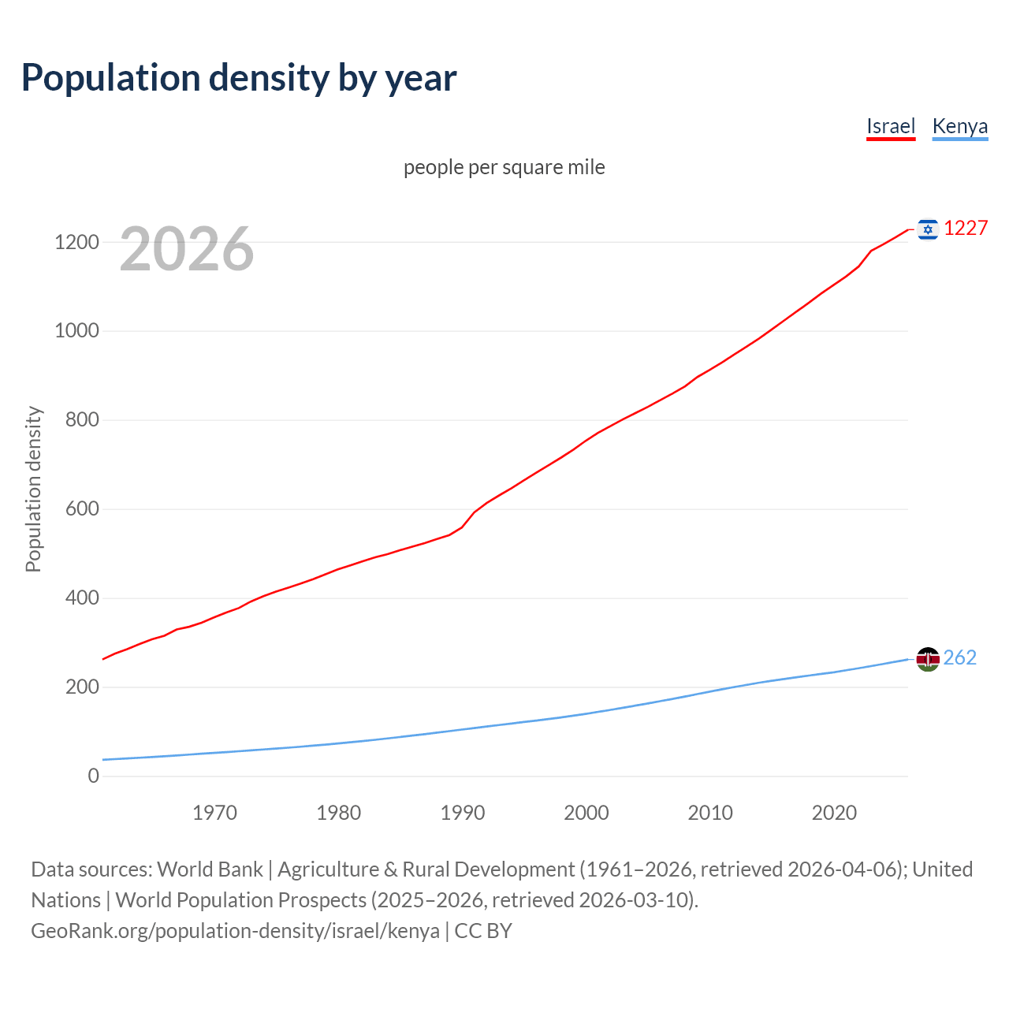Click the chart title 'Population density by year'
click(x=239, y=78)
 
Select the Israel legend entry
click(x=891, y=126)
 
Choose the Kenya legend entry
click(x=959, y=126)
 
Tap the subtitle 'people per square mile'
click(x=504, y=167)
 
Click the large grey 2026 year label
click(x=187, y=249)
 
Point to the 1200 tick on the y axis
click(x=76, y=242)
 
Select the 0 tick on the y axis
click(x=94, y=776)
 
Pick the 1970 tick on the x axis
click(x=214, y=813)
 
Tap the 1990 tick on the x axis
click(x=463, y=813)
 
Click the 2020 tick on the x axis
click(x=834, y=813)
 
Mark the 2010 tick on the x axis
click(x=710, y=813)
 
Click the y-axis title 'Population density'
click(x=33, y=489)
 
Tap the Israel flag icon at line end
click(x=928, y=229)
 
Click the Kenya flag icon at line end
click(x=928, y=659)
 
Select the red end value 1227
click(x=966, y=228)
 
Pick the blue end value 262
click(x=959, y=657)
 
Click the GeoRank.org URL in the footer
click(x=235, y=931)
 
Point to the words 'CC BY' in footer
click(x=483, y=931)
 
